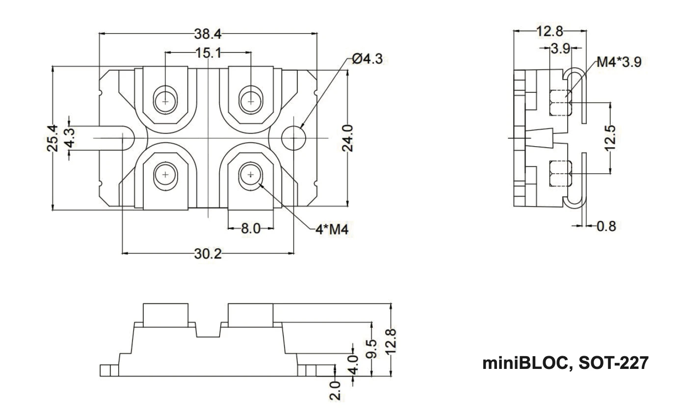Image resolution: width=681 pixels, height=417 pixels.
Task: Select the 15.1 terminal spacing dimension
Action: coord(208,52)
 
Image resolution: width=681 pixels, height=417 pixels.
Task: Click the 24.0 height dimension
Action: coord(347,138)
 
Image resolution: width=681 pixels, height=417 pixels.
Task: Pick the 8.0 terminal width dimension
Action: coord(250,228)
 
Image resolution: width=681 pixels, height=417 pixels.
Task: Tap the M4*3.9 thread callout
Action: coord(618,62)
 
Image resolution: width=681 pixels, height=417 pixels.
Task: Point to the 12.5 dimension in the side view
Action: coord(611,138)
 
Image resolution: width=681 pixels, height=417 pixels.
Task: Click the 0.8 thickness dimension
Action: coord(606,226)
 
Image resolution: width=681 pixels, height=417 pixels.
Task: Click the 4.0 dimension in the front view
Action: coord(352,364)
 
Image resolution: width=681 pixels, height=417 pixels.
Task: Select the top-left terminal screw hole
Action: coord(165,101)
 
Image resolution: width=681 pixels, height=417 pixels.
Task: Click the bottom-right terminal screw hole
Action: coord(251,175)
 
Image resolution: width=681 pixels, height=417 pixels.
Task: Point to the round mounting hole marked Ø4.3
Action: coord(293,138)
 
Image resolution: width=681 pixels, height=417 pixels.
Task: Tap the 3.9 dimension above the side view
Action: coord(559,49)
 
